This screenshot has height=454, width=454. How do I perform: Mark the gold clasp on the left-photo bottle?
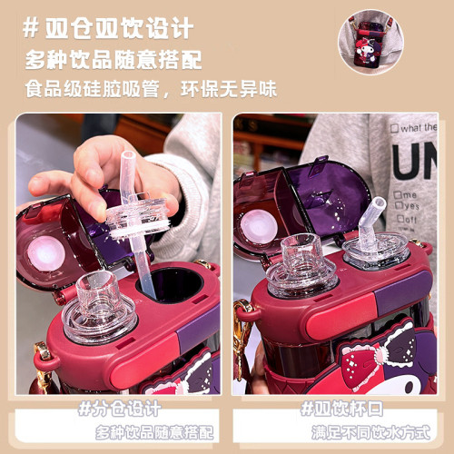[42, 360]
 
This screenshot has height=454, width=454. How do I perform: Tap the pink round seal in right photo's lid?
[260, 227]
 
